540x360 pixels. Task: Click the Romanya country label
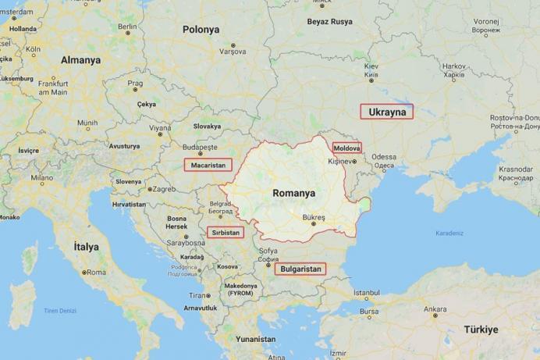(x=293, y=192)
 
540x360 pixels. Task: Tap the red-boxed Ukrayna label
(x=387, y=112)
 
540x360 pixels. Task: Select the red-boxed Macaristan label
(x=208, y=165)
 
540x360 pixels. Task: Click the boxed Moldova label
(x=346, y=148)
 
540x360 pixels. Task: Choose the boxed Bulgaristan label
(x=300, y=269)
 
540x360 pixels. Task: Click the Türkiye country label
(x=481, y=329)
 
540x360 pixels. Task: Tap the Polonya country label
(x=201, y=30)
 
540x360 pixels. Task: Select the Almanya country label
(x=81, y=60)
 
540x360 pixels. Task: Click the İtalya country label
(x=86, y=246)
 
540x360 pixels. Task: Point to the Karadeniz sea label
(x=449, y=233)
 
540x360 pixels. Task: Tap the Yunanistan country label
(x=256, y=339)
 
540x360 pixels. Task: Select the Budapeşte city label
(x=201, y=147)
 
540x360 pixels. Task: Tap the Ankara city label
(x=435, y=309)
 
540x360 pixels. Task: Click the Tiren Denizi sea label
(x=59, y=311)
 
